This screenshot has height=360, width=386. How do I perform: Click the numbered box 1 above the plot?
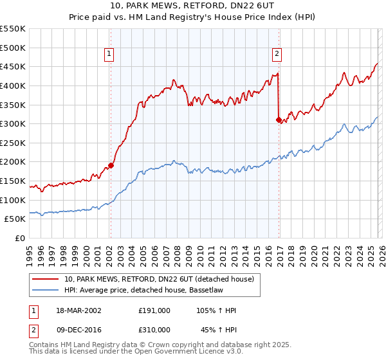coord(110,55)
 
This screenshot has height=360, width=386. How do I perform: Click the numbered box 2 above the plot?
coord(277,55)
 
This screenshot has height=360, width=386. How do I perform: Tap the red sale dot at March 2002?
coord(111,165)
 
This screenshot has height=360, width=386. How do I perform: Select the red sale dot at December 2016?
coord(279,120)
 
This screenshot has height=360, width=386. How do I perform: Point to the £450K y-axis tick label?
coord(13,66)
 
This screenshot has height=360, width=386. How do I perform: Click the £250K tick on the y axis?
coord(13,143)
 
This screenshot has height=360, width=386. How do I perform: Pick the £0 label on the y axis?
coord(21,238)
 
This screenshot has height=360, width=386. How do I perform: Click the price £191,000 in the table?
coord(154,310)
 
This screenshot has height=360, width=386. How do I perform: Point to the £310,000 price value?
coord(154,329)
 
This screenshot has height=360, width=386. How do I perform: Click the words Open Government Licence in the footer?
coord(174,353)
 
